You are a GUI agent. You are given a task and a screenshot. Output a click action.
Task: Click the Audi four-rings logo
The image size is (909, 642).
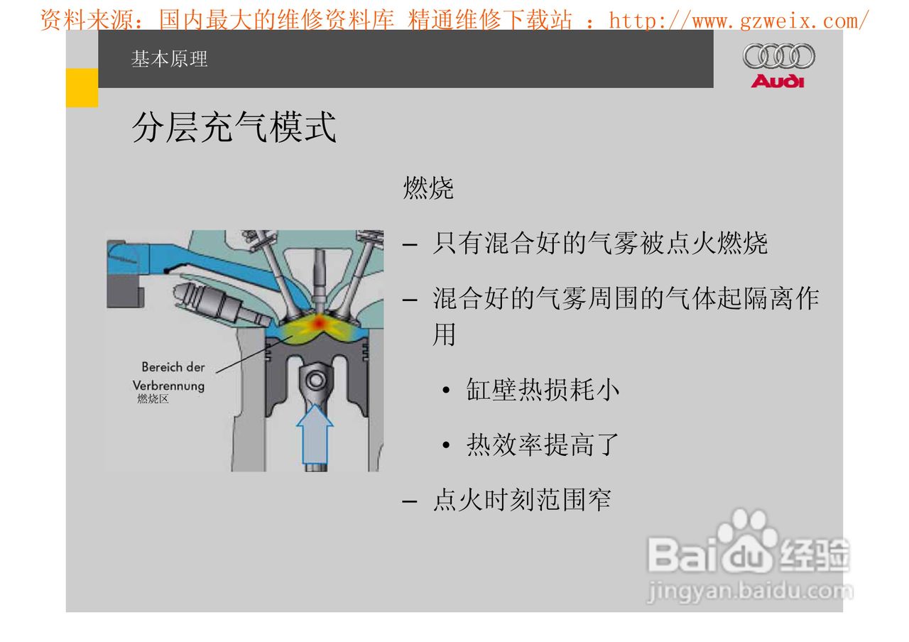[x=778, y=56]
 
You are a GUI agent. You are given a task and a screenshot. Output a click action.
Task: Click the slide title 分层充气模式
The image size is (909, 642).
[x=234, y=128]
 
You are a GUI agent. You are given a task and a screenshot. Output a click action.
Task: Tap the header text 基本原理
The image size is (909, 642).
[x=169, y=59]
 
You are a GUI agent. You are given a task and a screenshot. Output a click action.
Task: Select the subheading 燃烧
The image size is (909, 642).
[x=428, y=189]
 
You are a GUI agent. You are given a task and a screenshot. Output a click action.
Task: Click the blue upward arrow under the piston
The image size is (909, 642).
[x=313, y=433]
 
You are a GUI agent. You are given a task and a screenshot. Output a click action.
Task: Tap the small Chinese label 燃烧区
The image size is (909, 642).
[x=153, y=399]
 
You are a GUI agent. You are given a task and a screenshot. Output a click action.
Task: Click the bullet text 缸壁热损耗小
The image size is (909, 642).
[x=543, y=390]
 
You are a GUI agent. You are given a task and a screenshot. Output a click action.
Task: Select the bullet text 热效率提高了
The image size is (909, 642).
[x=543, y=445]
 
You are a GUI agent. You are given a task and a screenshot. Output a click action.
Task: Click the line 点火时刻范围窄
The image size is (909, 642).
[x=521, y=501]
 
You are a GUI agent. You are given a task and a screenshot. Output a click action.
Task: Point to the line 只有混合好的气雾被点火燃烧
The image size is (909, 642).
[x=599, y=244]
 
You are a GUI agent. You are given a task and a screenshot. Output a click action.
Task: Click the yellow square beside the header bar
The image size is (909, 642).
[x=82, y=88]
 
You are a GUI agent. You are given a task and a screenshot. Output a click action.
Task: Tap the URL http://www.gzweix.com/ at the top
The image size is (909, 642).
[x=739, y=20]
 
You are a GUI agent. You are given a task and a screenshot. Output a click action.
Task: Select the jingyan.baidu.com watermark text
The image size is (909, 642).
[x=749, y=591]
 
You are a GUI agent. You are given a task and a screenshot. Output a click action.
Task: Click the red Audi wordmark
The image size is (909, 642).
[x=778, y=81]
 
